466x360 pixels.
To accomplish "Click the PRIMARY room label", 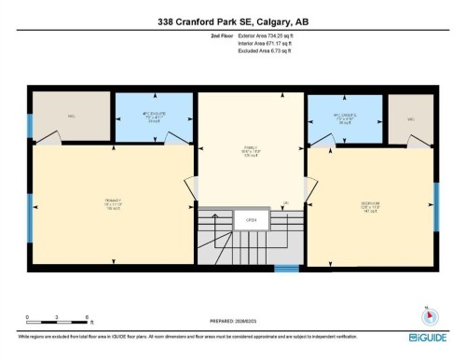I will tap(100, 201).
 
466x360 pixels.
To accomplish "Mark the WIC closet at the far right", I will tap(409, 118).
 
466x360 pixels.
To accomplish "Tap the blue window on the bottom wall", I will tap(287, 270).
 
